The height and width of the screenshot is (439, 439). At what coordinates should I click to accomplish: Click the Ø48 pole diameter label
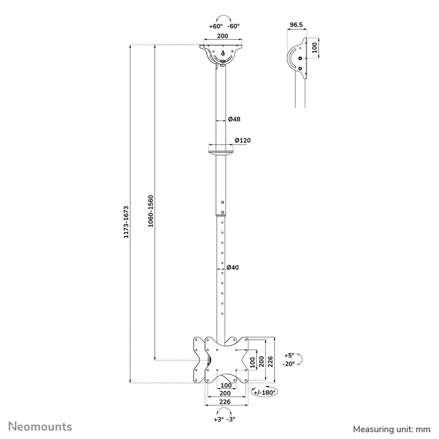(x=234, y=119)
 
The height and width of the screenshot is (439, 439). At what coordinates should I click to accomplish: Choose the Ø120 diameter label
(x=242, y=140)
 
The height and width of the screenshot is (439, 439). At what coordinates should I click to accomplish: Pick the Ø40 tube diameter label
(x=233, y=268)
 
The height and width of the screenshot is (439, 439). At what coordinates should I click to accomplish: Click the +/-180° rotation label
(x=265, y=393)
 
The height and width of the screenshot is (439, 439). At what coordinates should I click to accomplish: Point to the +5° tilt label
(x=289, y=355)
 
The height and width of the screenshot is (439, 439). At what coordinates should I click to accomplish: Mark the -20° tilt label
(x=289, y=363)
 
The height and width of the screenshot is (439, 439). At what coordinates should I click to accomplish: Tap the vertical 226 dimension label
(x=270, y=361)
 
